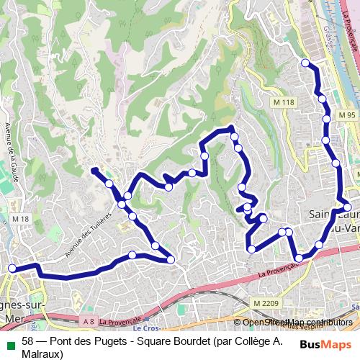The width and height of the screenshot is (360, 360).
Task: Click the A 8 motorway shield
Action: pos(89,320)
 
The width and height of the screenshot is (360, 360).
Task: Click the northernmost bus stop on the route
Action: pos(305,63)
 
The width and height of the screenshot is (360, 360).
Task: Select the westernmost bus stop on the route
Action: pos(12,269)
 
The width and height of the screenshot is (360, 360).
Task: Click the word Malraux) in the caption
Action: pos(42,354)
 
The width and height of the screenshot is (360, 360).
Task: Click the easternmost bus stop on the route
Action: pos(347,207)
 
